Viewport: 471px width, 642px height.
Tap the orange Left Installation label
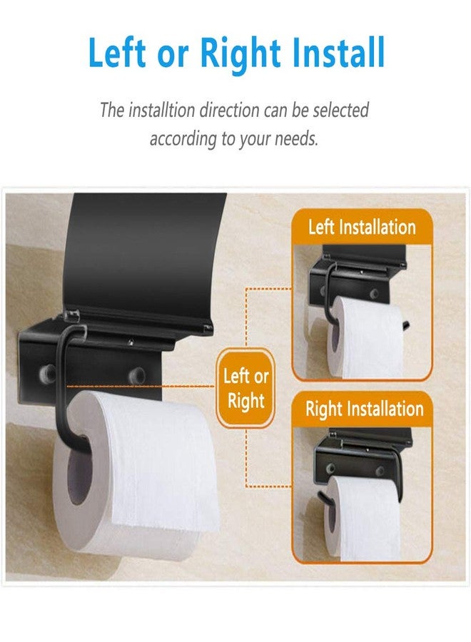pos(362,228)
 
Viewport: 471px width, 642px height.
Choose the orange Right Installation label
pos(364,409)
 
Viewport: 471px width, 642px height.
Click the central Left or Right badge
pos(245,388)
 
